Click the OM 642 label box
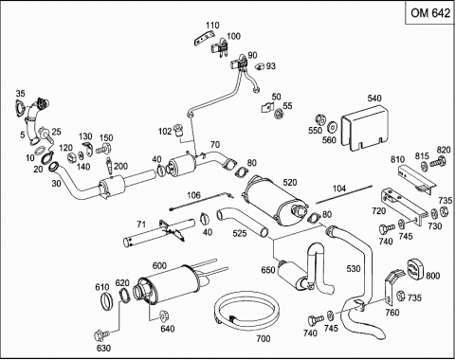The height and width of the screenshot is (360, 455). pos(430,13)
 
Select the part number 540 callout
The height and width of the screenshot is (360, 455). pos(374,99)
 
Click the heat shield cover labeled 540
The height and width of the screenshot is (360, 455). pos(365,128)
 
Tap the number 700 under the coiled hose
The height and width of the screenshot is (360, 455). pos(264,339)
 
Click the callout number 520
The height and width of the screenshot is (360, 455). pos(290,183)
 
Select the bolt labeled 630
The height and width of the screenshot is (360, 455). pos(101,334)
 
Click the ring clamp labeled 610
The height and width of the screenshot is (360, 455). pos(107,301)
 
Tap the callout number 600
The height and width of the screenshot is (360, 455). pos(159,266)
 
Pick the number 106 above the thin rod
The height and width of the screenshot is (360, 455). pos(193,195)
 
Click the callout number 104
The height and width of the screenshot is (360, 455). pos(339,189)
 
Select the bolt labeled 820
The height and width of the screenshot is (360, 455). pos(439,162)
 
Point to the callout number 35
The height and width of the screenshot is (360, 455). pos(20,94)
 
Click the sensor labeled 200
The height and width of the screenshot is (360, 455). pos(110,166)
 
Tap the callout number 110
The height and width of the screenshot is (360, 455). pos(212,26)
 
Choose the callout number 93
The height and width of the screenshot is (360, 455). pos(271,66)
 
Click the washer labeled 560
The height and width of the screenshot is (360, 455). pos(332,128)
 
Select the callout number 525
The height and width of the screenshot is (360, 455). pos(240,233)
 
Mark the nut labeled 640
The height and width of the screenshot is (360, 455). pos(164,315)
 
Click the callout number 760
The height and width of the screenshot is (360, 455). pos(392,313)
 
